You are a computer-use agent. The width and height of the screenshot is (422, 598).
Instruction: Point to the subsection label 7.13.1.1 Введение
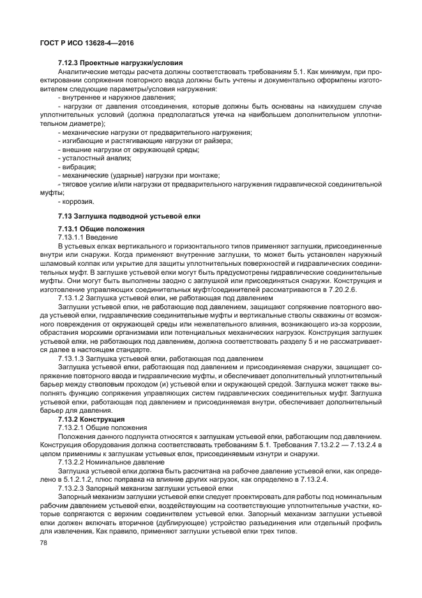88,237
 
